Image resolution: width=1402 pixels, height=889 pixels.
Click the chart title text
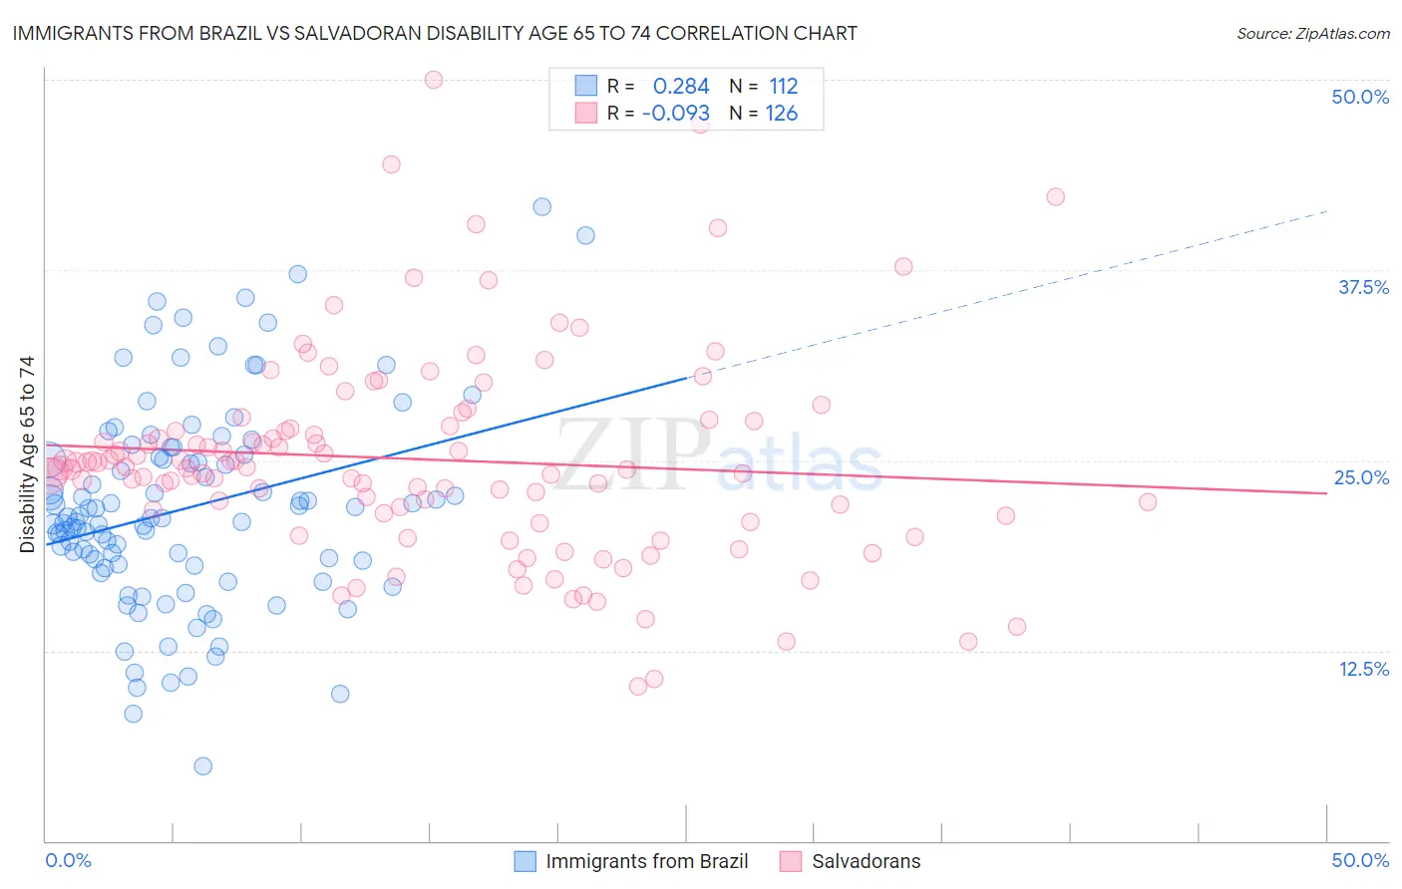435,33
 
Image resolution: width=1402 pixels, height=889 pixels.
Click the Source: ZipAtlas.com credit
1312,33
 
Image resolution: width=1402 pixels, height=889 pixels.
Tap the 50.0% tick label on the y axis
1360,97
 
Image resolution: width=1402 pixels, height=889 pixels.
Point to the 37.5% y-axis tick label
1363,287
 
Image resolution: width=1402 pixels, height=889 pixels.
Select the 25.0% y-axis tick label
1361,477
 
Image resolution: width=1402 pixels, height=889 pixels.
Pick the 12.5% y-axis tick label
1363,669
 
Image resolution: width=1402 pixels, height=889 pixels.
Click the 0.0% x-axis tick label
68,860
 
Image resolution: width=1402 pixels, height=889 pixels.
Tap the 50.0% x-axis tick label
1360,860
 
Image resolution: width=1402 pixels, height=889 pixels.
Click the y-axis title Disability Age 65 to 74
27,453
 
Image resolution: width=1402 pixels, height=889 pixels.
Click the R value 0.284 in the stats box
681,87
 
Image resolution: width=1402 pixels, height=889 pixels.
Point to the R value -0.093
676,114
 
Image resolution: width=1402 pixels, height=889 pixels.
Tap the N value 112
783,87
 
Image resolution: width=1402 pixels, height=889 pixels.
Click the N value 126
781,114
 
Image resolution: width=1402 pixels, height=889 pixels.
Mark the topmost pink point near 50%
434,80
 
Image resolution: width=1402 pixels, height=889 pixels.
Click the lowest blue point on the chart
202,765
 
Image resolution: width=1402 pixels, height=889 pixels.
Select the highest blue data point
541,206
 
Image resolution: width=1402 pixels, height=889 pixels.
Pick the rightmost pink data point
1148,501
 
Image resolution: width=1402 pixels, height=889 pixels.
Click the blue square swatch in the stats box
585,87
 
